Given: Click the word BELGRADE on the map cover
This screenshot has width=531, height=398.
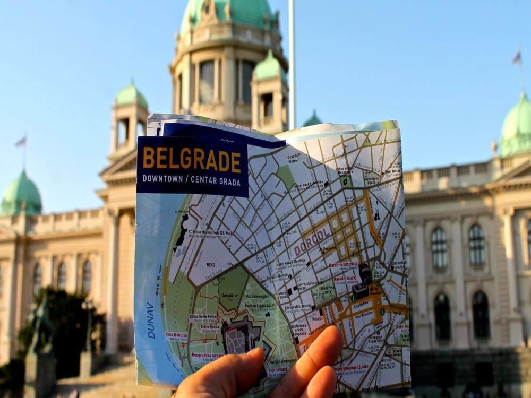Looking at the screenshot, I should (192, 159).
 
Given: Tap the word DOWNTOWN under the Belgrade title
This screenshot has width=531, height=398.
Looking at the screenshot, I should (162, 179).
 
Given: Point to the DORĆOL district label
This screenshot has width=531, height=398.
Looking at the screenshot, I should (313, 245).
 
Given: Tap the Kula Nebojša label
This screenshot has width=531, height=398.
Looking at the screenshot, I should (176, 335).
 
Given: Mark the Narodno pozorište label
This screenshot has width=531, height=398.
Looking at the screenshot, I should (343, 264).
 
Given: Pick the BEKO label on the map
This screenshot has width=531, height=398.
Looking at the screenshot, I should (211, 264).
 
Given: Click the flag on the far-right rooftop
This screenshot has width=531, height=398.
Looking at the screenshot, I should (516, 57).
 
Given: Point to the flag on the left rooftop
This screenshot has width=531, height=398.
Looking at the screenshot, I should (21, 141).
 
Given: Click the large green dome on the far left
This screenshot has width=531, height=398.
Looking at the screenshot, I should (21, 194).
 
